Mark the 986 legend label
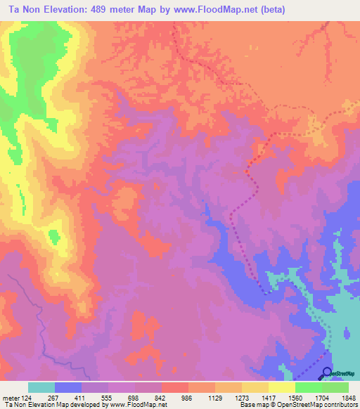[x=187, y=397]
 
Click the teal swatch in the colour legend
[x=41, y=387]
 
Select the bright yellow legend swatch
[x=282, y=387]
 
